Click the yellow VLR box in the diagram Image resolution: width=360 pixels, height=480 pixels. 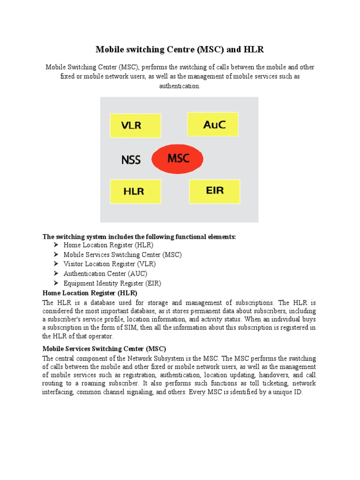(135, 126)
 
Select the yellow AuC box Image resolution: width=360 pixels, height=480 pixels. (213, 124)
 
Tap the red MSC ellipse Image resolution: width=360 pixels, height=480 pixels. (178, 158)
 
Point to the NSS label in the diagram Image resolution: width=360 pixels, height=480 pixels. (131, 160)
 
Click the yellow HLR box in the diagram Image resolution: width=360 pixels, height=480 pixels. (135, 192)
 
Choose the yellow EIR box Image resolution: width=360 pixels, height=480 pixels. (215, 191)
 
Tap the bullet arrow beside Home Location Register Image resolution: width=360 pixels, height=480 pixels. (56, 245)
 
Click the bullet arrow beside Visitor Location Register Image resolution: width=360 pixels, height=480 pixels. (56, 264)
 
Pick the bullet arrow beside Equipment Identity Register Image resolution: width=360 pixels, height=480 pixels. (56, 283)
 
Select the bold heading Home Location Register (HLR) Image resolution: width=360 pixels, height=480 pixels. (90, 293)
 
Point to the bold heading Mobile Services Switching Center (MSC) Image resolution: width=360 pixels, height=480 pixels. (104, 349)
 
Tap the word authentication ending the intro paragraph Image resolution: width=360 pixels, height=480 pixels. (180, 86)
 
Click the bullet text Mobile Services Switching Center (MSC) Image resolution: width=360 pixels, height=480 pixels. (122, 255)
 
